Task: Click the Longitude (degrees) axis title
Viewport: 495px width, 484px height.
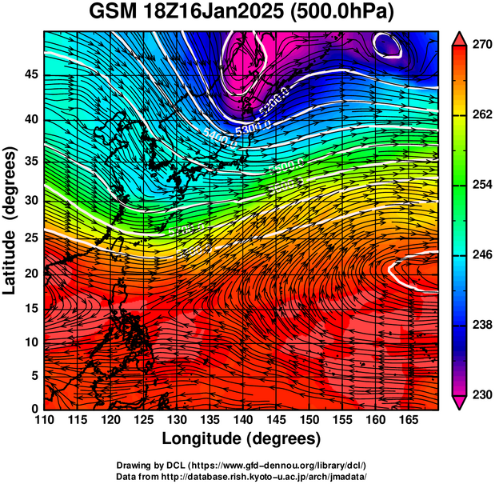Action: coord(242,439)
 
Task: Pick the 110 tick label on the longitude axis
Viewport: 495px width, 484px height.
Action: coord(44,420)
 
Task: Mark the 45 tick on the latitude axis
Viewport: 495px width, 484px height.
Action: coord(31,74)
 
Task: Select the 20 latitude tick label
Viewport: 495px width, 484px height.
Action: coord(31,273)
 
